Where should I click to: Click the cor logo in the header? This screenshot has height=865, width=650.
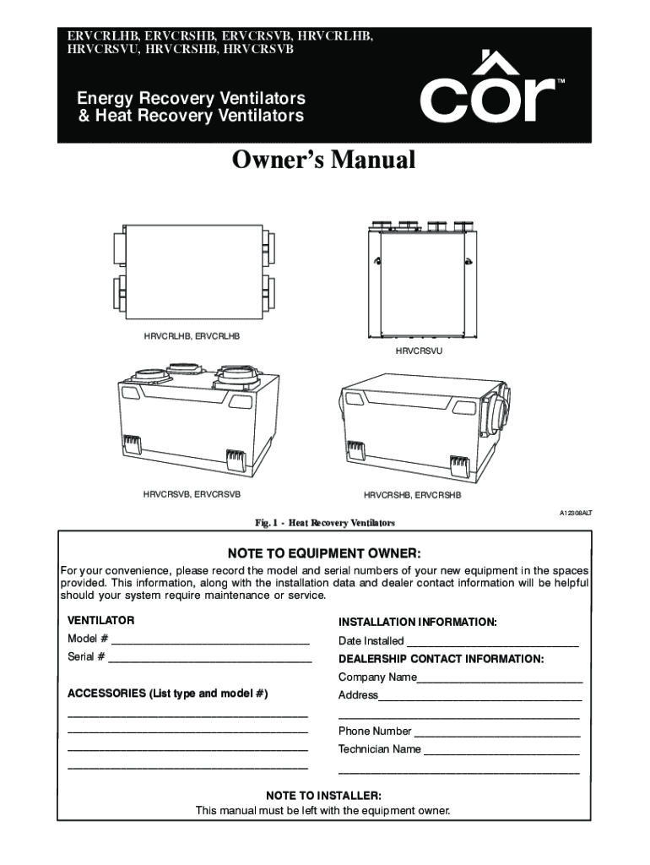[x=487, y=91]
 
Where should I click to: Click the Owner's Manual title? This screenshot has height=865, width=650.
[x=324, y=160]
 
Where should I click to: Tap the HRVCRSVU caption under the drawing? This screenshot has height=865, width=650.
[x=419, y=349]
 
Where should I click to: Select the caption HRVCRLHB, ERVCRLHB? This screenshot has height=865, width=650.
[x=192, y=335]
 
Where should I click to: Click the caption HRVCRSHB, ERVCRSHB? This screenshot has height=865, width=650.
[x=413, y=494]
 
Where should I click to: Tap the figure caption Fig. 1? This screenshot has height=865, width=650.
[x=323, y=524]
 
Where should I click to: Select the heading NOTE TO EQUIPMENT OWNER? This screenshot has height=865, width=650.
[x=324, y=553]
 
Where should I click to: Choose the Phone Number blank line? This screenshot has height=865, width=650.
[x=496, y=732]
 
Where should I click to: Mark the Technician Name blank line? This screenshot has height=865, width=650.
[x=501, y=750]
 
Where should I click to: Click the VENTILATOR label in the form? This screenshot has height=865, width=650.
[x=100, y=621]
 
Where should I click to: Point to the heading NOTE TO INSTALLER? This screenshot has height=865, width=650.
[x=323, y=796]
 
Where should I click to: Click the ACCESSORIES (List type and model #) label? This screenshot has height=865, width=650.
[x=167, y=694]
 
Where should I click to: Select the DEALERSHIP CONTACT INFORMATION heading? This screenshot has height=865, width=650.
[x=441, y=659]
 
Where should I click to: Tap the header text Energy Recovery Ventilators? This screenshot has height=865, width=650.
[x=192, y=99]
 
